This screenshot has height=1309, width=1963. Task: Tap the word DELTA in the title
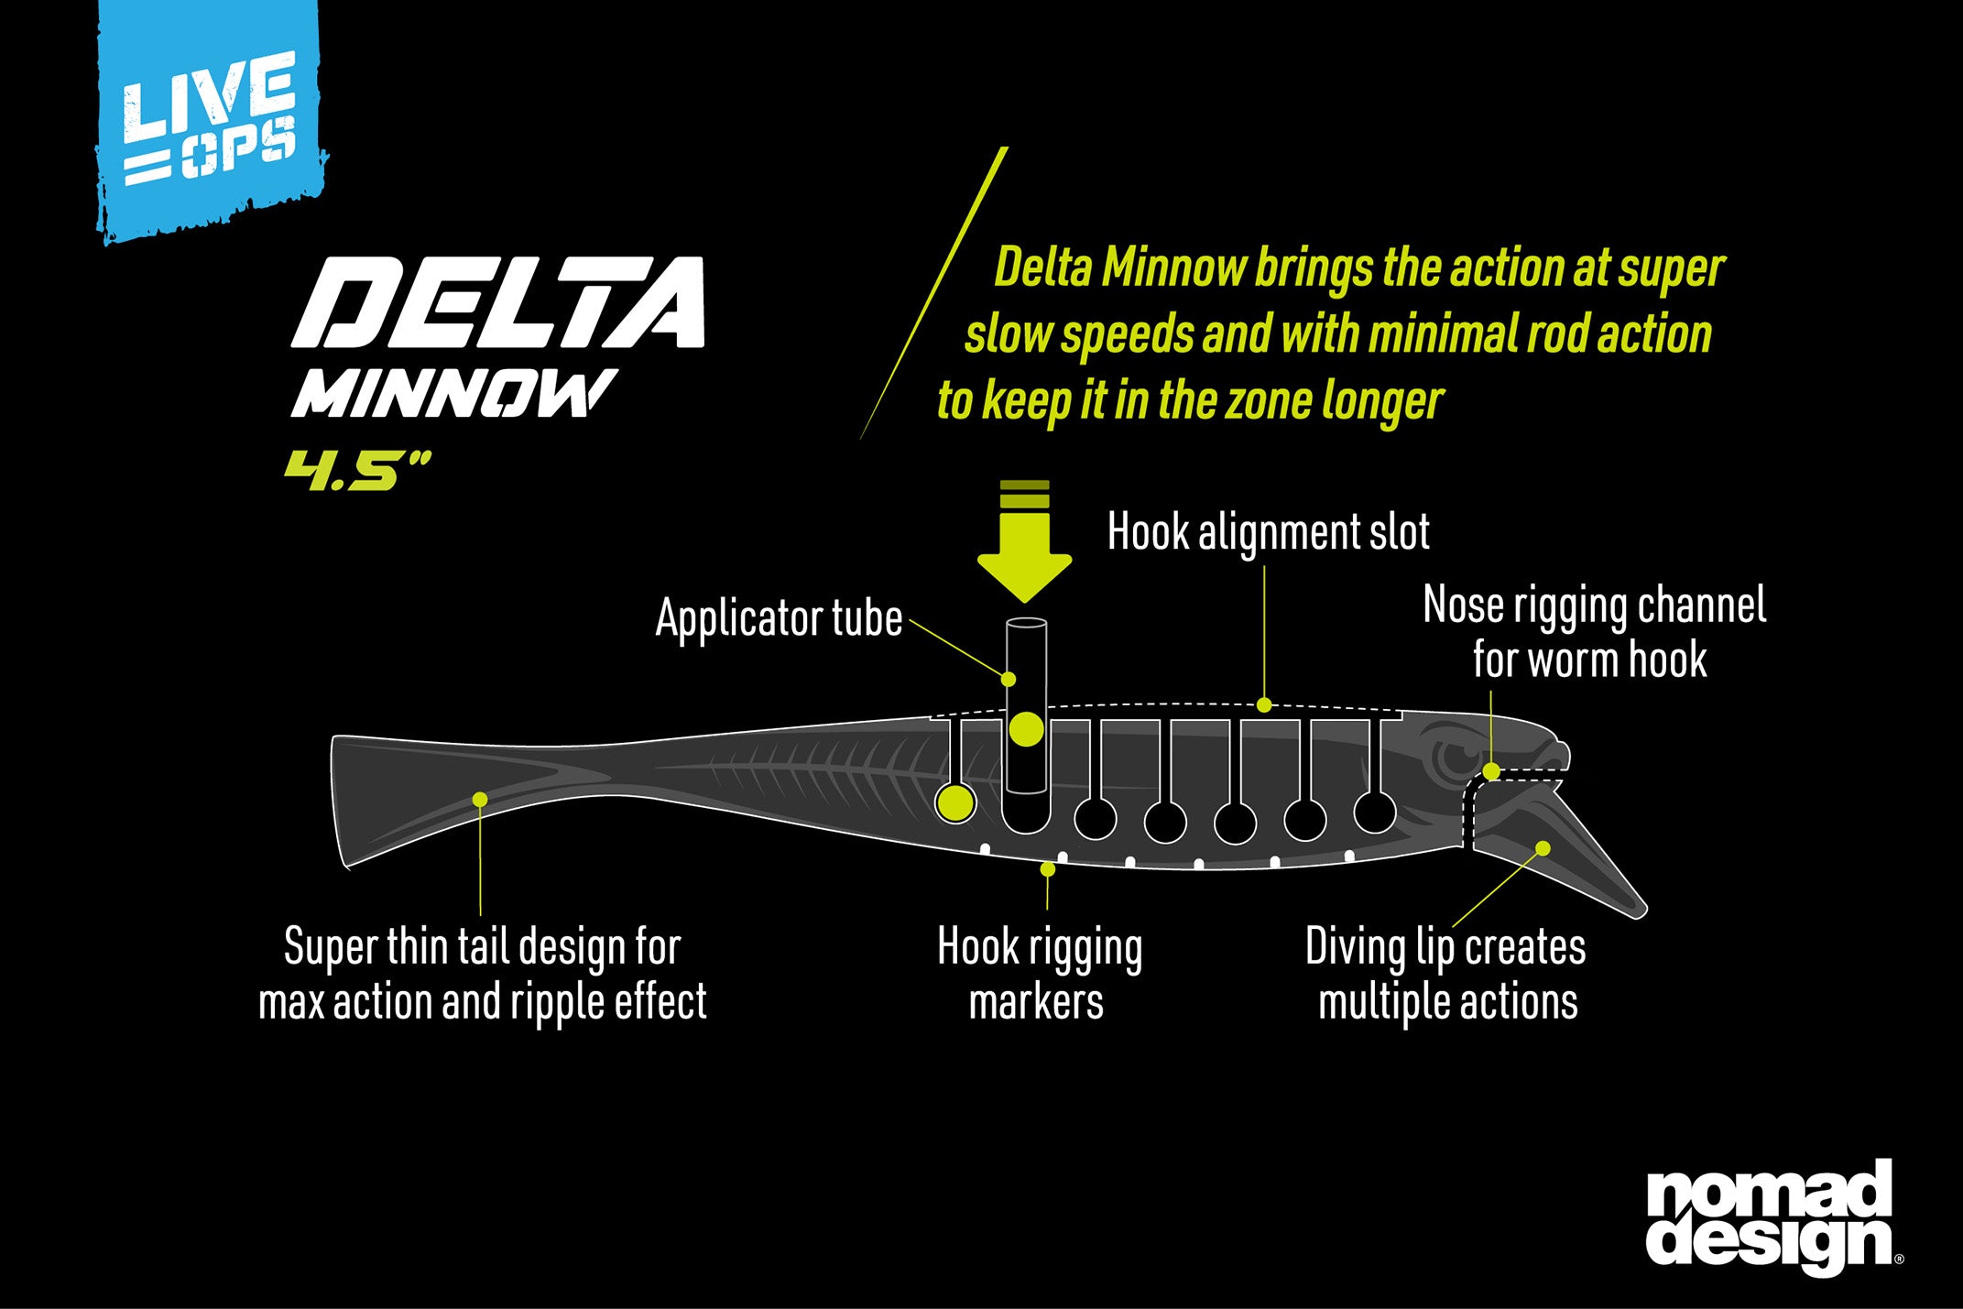coord(497,302)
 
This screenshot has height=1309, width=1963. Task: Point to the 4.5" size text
coord(356,470)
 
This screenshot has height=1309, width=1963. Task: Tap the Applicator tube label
coord(779,618)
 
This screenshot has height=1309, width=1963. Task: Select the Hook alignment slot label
coord(1269,532)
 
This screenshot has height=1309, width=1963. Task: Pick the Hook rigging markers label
coord(1040,974)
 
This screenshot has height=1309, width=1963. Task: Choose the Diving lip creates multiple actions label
coord(1446,974)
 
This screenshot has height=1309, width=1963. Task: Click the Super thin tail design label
coord(483,974)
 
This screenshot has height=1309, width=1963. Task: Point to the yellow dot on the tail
coord(480,800)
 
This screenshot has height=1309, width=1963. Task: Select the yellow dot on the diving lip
coord(1543,848)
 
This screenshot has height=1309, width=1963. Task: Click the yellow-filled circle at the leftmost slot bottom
coord(955,802)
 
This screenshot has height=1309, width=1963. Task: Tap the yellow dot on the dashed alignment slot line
coord(1264,704)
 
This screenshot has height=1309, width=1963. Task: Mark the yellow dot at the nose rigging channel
coord(1491,771)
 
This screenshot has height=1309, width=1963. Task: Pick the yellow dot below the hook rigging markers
coord(1048,868)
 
